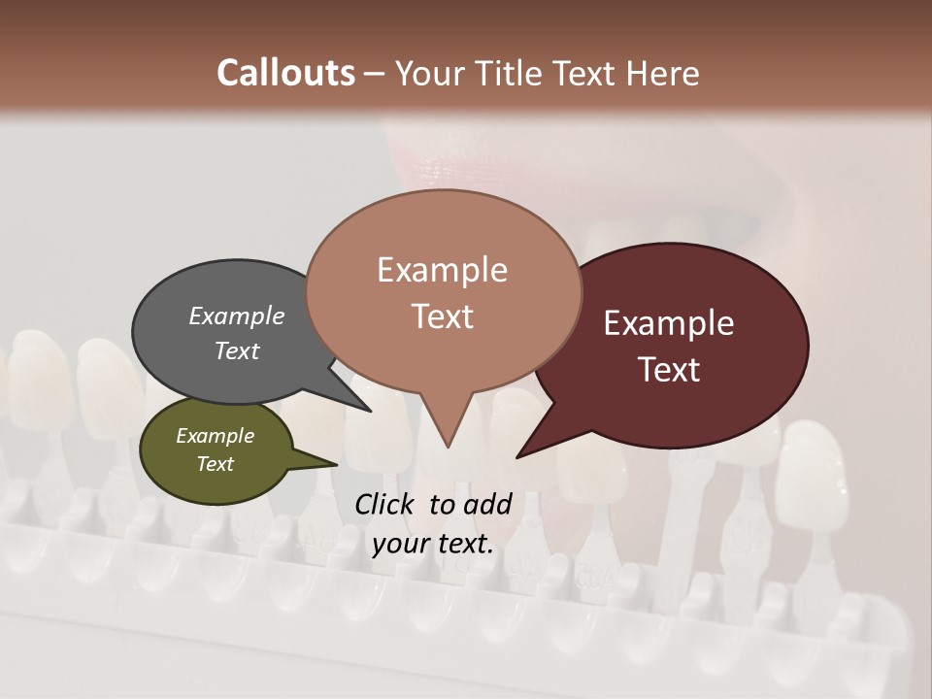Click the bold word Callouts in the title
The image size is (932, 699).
pos(285,74)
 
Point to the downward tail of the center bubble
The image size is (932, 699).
pos(446,427)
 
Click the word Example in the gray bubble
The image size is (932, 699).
pos(237,316)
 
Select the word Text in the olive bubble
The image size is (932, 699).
pos(216,464)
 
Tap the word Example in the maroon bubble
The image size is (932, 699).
pos(669,323)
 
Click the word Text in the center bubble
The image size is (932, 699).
pos(443,316)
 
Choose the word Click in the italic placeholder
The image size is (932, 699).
pos(386,504)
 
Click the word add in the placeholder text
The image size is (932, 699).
pos(486,504)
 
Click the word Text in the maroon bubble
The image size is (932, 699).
pos(669,370)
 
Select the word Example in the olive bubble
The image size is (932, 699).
pos(216,436)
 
